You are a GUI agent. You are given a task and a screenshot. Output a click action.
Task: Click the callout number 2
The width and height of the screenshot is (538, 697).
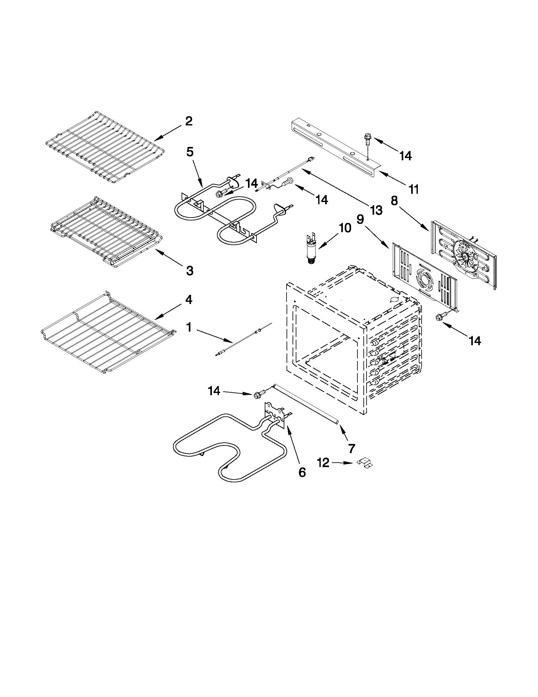[189, 121]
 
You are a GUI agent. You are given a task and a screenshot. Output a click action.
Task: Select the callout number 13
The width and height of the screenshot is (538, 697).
[376, 210]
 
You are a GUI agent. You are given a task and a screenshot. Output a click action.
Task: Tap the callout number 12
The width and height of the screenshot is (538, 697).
[323, 463]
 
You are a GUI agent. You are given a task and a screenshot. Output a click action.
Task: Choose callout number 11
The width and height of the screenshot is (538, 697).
[413, 189]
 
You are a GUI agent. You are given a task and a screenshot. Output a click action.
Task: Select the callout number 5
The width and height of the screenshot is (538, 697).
[189, 152]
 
